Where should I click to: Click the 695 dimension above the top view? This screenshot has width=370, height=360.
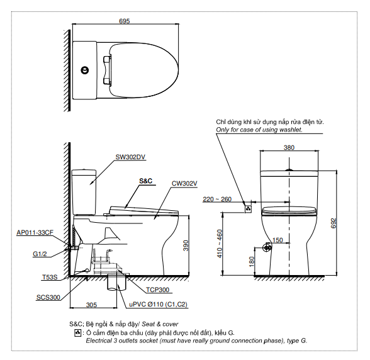[x=125, y=21]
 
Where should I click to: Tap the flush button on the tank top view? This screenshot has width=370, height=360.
[x=85, y=70]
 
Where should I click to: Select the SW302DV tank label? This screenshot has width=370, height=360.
[x=130, y=157]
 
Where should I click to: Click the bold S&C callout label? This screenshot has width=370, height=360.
[x=146, y=181]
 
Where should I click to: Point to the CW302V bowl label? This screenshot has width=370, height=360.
[x=184, y=183]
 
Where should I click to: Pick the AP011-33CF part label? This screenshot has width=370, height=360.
[x=35, y=232]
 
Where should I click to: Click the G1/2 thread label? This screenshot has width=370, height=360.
[x=40, y=254]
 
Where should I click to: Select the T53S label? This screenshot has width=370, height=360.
[x=50, y=277]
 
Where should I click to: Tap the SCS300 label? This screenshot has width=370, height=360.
[x=48, y=298]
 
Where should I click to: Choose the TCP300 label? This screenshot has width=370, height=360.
[x=157, y=290]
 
